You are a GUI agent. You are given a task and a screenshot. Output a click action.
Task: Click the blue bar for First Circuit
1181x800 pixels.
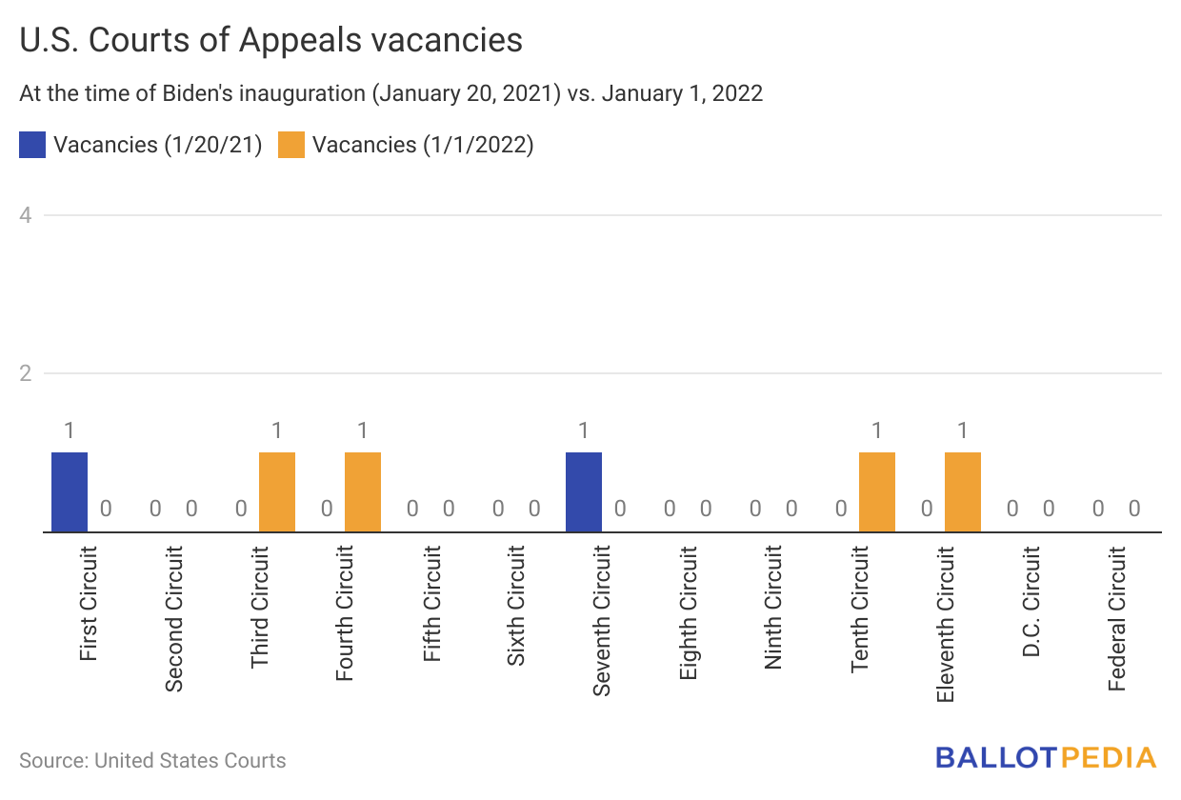[x=70, y=491]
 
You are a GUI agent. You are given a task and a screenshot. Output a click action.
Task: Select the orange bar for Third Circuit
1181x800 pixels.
[x=277, y=491]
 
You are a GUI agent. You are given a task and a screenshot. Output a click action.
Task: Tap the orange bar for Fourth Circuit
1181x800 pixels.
[x=363, y=491]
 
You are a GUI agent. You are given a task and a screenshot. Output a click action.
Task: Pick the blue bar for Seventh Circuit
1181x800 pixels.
[x=584, y=491]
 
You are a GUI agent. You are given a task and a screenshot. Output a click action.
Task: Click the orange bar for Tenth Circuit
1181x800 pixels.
[x=877, y=491]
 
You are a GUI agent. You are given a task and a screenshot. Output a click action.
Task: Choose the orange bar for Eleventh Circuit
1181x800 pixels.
[x=963, y=491]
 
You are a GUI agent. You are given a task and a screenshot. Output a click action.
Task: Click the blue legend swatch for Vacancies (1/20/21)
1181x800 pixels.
[x=32, y=145]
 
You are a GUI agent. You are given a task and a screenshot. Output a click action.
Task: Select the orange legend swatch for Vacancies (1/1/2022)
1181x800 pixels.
[x=290, y=145]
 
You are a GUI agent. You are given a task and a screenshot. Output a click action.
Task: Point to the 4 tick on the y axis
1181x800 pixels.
[x=26, y=215]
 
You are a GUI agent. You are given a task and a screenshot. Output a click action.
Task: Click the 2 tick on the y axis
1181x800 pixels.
[x=26, y=373]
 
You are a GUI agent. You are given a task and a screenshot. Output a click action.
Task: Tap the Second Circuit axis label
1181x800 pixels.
[x=174, y=618]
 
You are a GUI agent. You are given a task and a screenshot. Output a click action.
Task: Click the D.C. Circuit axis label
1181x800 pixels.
[x=1031, y=602]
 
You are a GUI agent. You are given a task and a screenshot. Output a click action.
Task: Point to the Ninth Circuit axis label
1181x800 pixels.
[x=774, y=608]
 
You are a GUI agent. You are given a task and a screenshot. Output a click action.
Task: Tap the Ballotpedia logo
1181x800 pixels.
[x=1045, y=758]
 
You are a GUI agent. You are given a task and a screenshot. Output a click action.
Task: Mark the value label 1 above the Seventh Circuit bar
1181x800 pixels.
[x=584, y=430]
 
